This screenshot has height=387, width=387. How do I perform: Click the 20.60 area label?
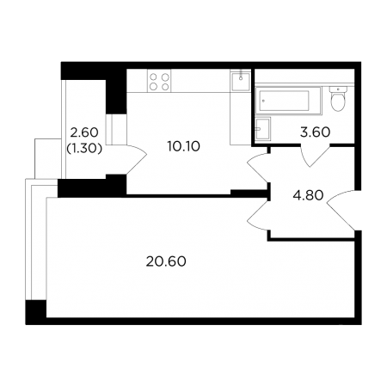(166, 261)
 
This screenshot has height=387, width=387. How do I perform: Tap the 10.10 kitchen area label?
(184, 147)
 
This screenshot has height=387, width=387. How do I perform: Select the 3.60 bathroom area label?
(315, 132)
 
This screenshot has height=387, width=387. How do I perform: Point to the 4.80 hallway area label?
(308, 195)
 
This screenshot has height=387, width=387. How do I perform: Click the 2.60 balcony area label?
(84, 132)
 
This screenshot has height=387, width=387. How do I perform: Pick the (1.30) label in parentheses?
(84, 148)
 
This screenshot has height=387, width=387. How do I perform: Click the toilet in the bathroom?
(338, 98)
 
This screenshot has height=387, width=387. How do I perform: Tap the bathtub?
(288, 101)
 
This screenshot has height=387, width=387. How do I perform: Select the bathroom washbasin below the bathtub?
(263, 129)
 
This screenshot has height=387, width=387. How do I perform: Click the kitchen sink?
(241, 81)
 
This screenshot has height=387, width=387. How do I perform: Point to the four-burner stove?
(159, 81)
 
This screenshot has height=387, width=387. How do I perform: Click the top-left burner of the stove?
(154, 77)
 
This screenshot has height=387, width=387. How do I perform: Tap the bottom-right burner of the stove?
(165, 86)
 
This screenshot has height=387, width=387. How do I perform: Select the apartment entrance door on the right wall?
(342, 210)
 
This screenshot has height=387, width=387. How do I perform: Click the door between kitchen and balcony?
(136, 158)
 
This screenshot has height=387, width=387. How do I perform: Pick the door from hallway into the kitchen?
(258, 169)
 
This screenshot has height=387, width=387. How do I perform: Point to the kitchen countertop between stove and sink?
(200, 81)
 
